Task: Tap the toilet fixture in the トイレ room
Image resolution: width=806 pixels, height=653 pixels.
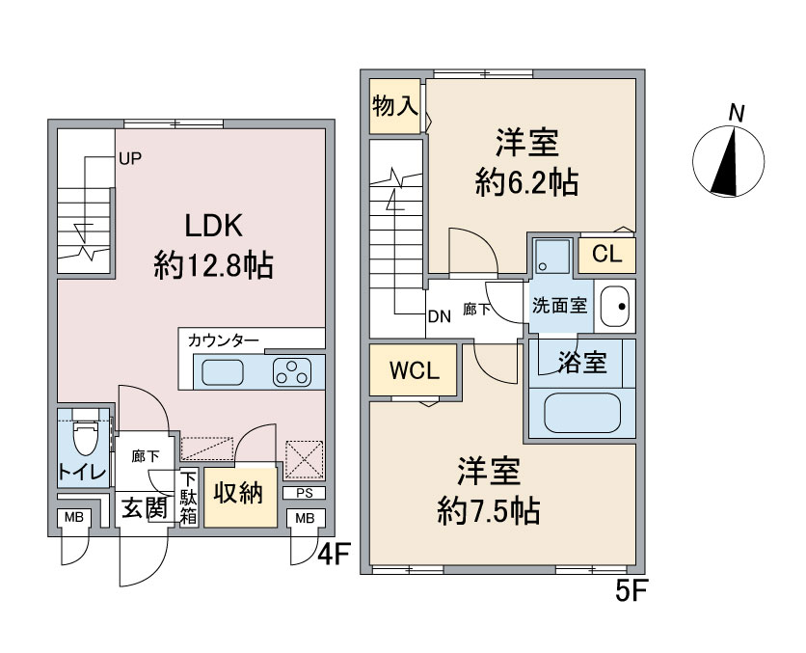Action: [86, 435]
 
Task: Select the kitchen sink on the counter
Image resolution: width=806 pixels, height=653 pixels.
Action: [223, 372]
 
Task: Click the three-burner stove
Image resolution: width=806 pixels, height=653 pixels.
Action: [292, 372]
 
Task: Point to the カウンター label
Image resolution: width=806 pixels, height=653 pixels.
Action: [223, 340]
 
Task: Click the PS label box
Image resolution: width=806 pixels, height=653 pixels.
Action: [305, 493]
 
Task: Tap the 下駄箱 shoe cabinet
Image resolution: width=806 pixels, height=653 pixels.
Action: [188, 497]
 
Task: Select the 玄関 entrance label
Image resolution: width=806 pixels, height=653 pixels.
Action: [144, 509]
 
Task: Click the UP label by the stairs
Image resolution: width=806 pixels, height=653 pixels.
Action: [130, 158]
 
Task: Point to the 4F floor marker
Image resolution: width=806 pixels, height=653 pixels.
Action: [334, 555]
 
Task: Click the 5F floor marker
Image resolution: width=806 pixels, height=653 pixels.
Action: [631, 591]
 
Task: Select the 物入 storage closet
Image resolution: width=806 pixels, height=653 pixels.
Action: [394, 106]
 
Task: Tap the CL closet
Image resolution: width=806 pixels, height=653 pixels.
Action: [607, 255]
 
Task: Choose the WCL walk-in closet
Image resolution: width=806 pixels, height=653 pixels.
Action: [414, 369]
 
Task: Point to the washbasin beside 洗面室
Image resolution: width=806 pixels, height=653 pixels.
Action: [615, 307]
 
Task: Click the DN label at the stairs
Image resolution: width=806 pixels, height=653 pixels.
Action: [440, 316]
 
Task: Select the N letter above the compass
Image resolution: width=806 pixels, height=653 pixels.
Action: [738, 114]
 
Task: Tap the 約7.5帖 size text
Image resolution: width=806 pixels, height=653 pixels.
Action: [489, 511]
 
